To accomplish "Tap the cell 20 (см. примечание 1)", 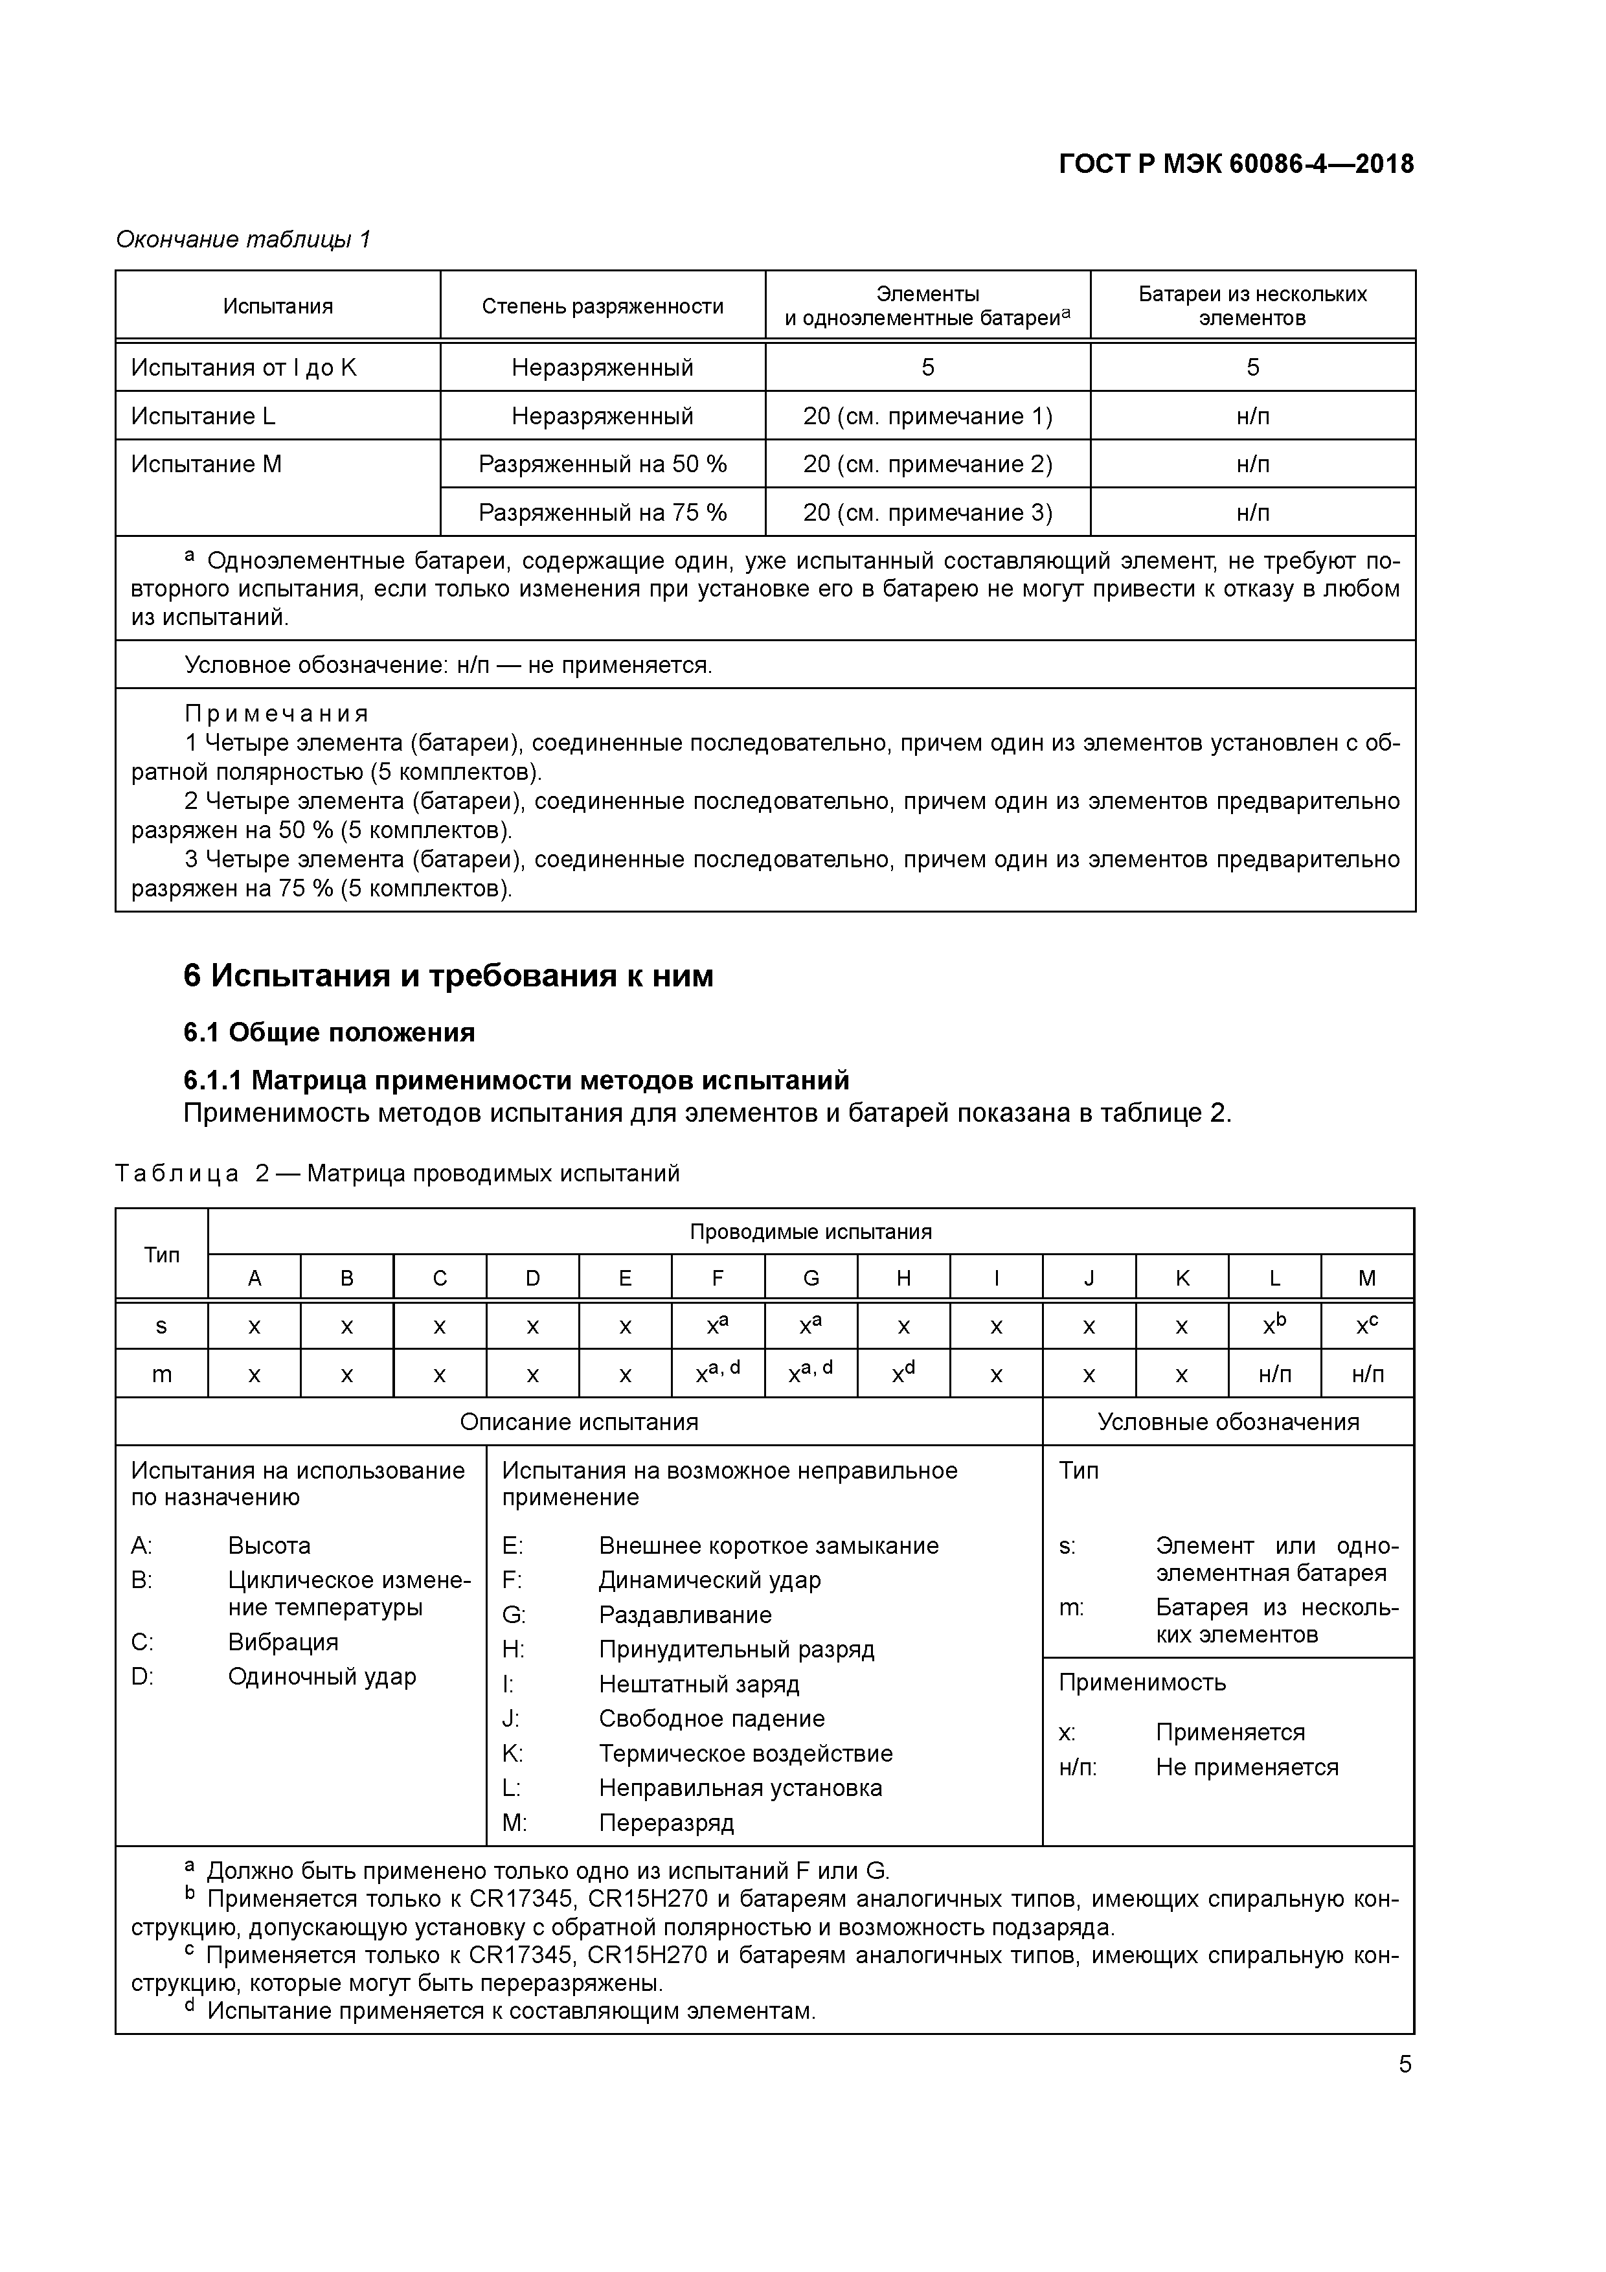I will (x=927, y=416).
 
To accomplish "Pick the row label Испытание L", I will (x=203, y=416).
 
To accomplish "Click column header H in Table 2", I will (x=903, y=1277).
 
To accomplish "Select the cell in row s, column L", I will (x=1274, y=1325).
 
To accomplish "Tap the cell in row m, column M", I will (x=1366, y=1374).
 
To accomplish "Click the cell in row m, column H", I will (x=903, y=1374).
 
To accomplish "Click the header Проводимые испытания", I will (x=809, y=1232).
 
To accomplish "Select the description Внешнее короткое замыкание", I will (x=768, y=1546).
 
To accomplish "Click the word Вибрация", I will (x=283, y=1642).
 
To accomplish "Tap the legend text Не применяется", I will (x=1246, y=1767).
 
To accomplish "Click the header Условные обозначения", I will (x=1227, y=1422).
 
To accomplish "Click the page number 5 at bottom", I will (x=1404, y=2064).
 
